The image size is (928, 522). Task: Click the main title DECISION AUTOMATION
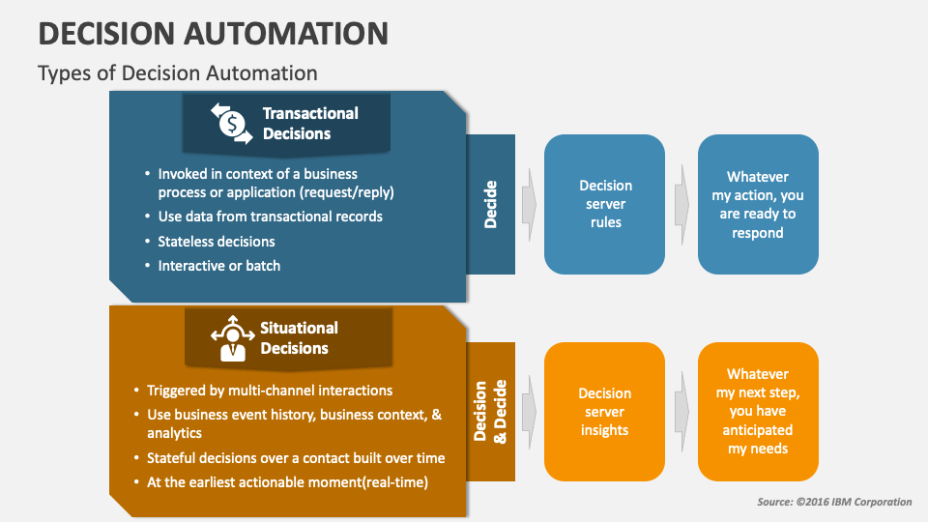[213, 33]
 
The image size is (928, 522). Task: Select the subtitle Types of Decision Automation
[177, 72]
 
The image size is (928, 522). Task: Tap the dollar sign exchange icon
[230, 123]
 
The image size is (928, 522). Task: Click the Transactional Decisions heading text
[309, 124]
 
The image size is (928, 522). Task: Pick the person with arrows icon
[233, 338]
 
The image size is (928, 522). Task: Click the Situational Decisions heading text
[299, 338]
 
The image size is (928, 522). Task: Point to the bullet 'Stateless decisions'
[217, 242]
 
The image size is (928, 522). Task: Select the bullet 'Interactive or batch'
[218, 265]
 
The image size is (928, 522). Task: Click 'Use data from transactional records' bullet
[270, 217]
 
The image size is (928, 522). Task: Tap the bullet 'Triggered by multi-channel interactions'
[269, 391]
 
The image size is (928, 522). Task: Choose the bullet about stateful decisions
[295, 458]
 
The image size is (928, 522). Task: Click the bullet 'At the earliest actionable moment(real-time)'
[286, 482]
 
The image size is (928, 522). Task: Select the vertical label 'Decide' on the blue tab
[491, 204]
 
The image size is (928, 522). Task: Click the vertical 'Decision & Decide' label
[491, 411]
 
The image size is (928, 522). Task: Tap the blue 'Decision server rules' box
[605, 204]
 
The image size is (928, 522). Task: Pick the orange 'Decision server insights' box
[605, 412]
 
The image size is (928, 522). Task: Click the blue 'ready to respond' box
[758, 204]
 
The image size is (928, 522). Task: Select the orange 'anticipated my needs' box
[758, 412]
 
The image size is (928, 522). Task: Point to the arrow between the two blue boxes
[681, 204]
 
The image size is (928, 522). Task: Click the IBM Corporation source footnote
[834, 502]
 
